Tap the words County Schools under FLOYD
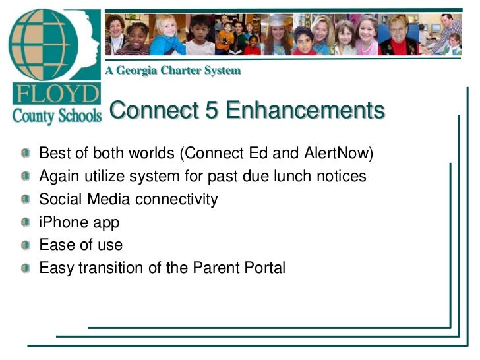tap(57, 116)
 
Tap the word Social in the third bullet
tap(60, 199)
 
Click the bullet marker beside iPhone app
tap(25, 222)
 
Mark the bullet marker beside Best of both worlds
tap(25, 154)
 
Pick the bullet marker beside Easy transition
tap(25, 268)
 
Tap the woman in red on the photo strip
tap(399, 36)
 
